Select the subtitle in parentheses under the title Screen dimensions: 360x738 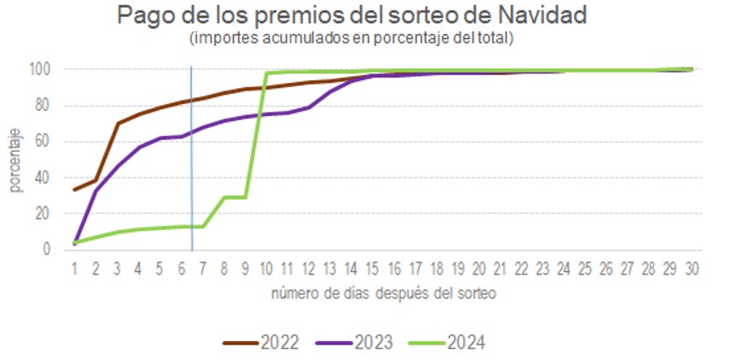point(349,39)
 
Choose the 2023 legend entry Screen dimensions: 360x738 point(354,343)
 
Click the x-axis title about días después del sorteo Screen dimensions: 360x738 point(383,294)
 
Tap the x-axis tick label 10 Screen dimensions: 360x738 point(266,268)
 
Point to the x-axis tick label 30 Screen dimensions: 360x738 point(691,268)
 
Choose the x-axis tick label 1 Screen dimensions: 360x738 point(75,268)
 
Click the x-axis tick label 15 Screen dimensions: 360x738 point(372,268)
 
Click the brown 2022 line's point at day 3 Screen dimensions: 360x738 point(118,124)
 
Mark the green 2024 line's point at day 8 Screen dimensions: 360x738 point(224,197)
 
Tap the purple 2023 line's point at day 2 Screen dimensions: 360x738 point(96,190)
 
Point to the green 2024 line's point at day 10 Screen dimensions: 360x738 point(267,73)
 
